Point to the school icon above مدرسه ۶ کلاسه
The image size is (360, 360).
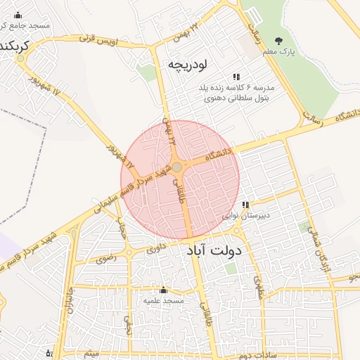[236, 77]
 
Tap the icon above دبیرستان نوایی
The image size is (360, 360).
[245, 205]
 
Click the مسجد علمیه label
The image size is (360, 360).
[164, 300]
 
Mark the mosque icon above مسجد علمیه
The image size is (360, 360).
[164, 290]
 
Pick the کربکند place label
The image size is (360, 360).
[14, 46]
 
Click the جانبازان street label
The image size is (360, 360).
[68, 301]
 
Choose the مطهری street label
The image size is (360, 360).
[258, 284]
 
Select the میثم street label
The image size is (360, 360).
[92, 354]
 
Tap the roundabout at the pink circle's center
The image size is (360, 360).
[178, 167]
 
